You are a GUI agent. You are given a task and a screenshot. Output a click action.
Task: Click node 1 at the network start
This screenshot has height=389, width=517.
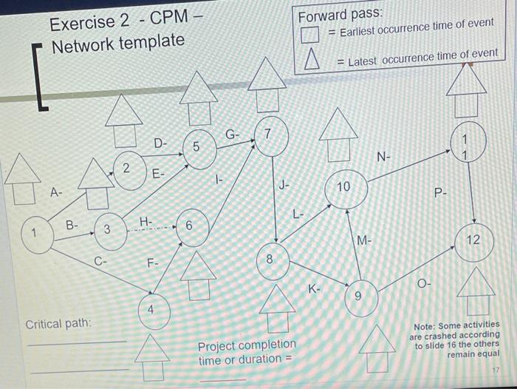click(x=33, y=235)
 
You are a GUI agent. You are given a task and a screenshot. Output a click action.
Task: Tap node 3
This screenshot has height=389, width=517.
click(x=108, y=229)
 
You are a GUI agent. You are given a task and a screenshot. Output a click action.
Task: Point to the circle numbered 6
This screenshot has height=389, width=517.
click(x=190, y=226)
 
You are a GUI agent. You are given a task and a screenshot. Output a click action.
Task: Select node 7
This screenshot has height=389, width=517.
click(x=269, y=137)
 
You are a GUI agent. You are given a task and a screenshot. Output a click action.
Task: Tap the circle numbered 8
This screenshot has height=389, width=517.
click(x=270, y=261)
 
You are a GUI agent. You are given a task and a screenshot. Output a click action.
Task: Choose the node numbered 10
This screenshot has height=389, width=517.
click(x=343, y=190)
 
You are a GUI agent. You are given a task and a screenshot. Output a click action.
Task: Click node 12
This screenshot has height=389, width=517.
click(x=473, y=241)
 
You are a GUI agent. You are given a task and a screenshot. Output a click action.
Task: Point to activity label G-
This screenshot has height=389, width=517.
click(x=232, y=135)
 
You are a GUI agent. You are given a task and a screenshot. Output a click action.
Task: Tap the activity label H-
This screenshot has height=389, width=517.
click(x=146, y=221)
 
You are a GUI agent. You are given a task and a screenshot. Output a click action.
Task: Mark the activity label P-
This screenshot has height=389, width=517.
click(x=440, y=193)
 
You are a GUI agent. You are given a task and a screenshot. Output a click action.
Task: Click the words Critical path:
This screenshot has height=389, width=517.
click(x=59, y=324)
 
